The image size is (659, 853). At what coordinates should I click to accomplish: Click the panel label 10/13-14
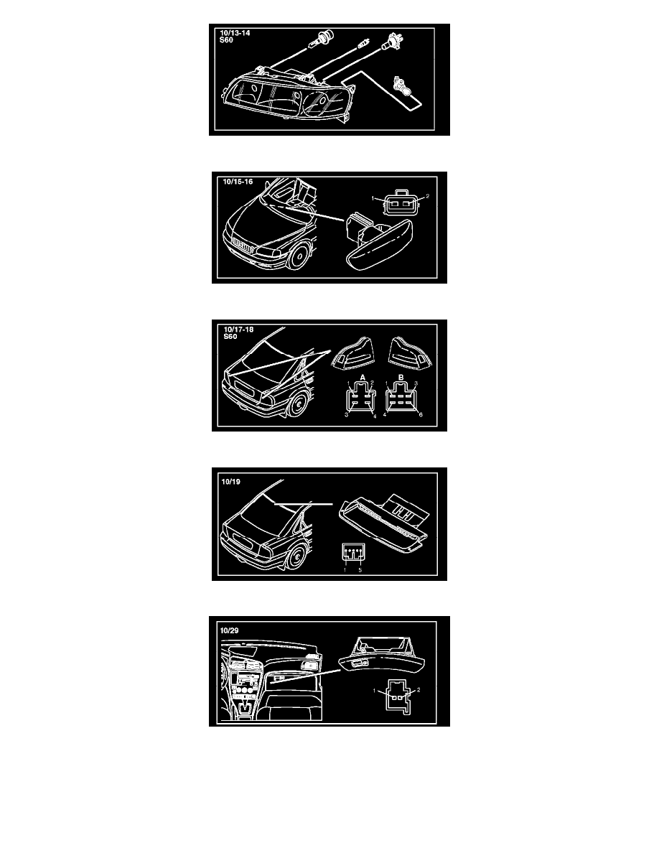pyautogui.click(x=235, y=33)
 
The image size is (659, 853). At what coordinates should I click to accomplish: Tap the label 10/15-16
pyautogui.click(x=238, y=182)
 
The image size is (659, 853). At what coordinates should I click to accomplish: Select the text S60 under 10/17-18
pyautogui.click(x=230, y=337)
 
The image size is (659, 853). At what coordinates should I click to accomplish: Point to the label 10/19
pyautogui.click(x=230, y=482)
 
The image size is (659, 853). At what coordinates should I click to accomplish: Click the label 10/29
pyautogui.click(x=230, y=630)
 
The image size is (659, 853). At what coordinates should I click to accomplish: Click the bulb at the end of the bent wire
pyautogui.click(x=402, y=88)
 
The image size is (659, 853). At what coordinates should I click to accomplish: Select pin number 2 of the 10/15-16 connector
pyautogui.click(x=427, y=197)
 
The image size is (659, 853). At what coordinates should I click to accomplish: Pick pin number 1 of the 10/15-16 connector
pyautogui.click(x=373, y=198)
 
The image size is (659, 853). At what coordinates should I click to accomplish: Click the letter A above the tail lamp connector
pyautogui.click(x=363, y=378)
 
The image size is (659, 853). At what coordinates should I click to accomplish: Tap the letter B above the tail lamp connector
pyautogui.click(x=401, y=378)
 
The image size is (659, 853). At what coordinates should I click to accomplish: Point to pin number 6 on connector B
pyautogui.click(x=421, y=414)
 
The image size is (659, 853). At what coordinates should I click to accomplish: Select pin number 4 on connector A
pyautogui.click(x=375, y=416)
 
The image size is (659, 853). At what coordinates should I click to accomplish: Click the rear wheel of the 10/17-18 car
pyautogui.click(x=298, y=404)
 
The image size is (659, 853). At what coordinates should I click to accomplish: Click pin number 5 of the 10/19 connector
pyautogui.click(x=360, y=570)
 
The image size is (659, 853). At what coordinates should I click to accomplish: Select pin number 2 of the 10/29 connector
pyautogui.click(x=418, y=690)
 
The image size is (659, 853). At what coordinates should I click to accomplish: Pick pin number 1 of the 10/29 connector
pyautogui.click(x=375, y=691)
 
